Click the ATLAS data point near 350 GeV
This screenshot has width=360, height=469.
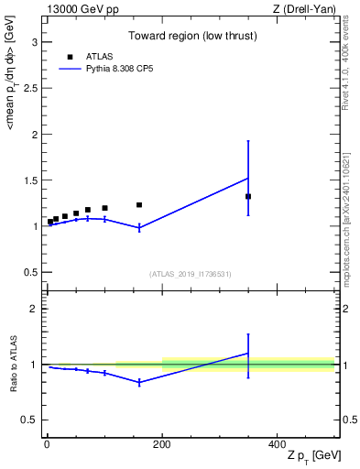coord(248,196)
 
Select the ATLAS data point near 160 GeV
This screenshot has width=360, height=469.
coord(139,205)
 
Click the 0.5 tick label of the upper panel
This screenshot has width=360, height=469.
coord(29,272)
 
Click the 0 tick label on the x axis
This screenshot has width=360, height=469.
coord(46,445)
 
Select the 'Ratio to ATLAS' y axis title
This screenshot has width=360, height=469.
coord(12,365)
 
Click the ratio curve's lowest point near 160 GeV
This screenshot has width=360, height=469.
coord(139,382)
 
